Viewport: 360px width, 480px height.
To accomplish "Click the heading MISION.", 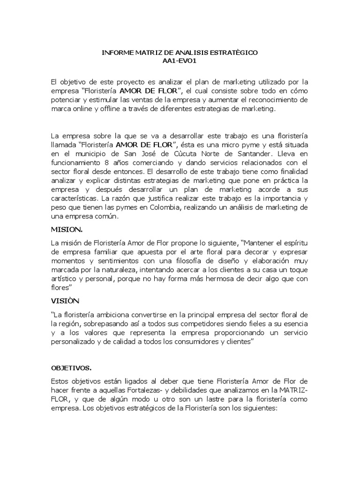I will point(66,230).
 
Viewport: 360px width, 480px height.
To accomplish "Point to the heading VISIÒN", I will point(66,301).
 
